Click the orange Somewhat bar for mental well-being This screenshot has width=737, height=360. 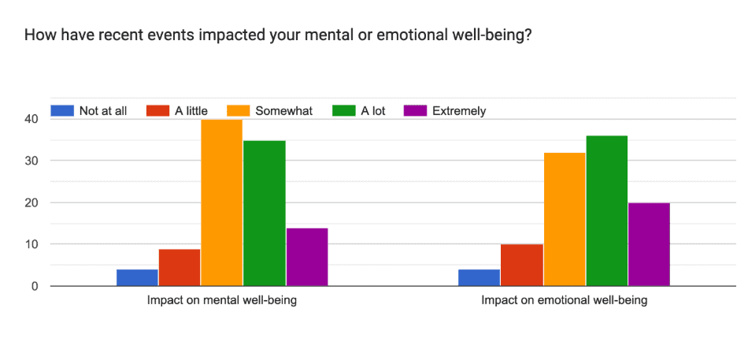221,202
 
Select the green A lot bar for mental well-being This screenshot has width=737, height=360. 264,213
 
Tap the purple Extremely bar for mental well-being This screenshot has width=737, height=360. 306,257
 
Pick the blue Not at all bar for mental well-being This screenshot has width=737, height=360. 137,277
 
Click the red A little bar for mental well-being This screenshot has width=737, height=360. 180,267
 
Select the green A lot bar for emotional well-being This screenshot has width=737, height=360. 606,210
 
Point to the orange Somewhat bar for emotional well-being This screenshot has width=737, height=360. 564,219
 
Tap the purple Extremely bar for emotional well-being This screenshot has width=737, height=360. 649,244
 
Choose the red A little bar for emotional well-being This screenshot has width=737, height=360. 521,265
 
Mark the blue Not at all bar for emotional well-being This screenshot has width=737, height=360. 479,277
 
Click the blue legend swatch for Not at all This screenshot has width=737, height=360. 62,111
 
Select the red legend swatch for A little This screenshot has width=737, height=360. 158,111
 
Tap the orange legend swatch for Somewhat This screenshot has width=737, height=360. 239,111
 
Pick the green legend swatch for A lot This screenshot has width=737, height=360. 344,111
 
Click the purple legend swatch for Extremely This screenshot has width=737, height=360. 415,111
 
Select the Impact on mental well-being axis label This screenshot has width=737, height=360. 221,301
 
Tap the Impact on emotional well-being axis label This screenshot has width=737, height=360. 564,301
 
